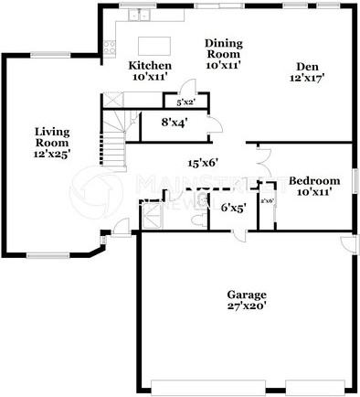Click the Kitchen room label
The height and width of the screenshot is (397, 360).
point(150,65)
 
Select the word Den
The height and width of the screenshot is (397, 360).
point(306,65)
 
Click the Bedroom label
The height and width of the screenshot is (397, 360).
point(314,180)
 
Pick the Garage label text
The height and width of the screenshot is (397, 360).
point(247,295)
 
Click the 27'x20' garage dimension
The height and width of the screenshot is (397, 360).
point(247,307)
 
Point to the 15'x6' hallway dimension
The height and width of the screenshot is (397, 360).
point(202,163)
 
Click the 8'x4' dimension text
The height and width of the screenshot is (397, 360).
point(174,120)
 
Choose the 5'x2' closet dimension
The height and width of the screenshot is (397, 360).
point(186,102)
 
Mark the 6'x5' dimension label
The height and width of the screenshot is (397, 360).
point(234,208)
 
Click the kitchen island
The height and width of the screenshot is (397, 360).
point(154,45)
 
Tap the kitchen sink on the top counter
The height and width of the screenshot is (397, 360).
point(139,16)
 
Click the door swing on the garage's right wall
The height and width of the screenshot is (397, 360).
point(347,245)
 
